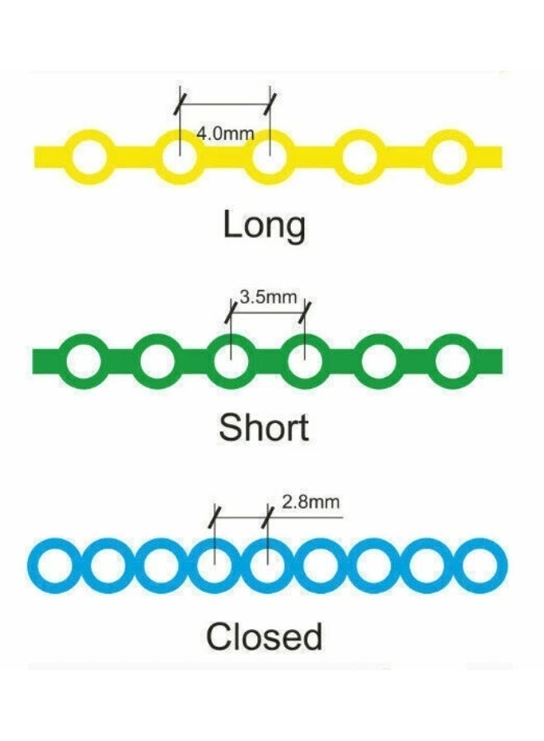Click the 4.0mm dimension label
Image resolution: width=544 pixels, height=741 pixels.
tap(225, 133)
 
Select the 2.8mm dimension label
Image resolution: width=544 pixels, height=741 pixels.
tap(311, 502)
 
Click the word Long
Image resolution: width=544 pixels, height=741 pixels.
tap(264, 226)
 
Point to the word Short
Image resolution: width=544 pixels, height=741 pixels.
tap(264, 427)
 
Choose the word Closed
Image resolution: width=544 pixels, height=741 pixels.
tap(264, 636)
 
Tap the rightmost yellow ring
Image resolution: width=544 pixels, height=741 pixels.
tap(449, 155)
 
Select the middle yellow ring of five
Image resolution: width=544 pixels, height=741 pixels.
tap(268, 155)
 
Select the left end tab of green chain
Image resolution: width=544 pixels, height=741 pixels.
tap(45, 360)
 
